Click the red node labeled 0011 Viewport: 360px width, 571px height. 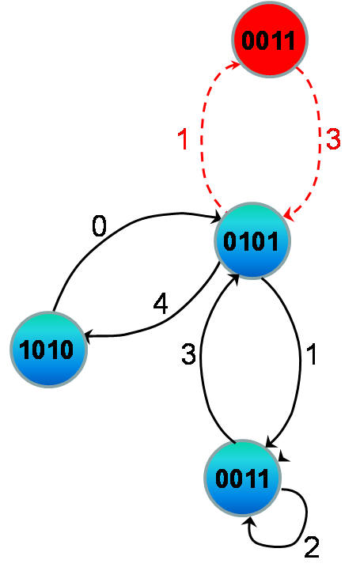[270, 39]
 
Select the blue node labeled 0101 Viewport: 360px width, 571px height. [252, 240]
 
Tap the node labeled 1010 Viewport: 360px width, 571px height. [48, 350]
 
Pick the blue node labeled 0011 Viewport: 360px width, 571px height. [243, 478]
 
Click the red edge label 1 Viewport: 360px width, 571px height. [183, 139]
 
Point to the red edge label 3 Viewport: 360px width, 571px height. [333, 138]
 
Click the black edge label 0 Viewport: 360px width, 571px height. [99, 225]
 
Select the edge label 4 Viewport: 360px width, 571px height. [161, 304]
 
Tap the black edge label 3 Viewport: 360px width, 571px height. [188, 354]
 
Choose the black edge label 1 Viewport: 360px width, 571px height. [312, 354]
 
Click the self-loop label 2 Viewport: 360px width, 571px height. [312, 547]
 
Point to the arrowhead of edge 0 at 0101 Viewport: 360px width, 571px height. [216, 218]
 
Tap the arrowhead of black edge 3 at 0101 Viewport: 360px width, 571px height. [235, 279]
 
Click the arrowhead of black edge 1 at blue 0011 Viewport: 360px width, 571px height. [270, 442]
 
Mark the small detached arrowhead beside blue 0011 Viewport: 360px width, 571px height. [283, 456]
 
